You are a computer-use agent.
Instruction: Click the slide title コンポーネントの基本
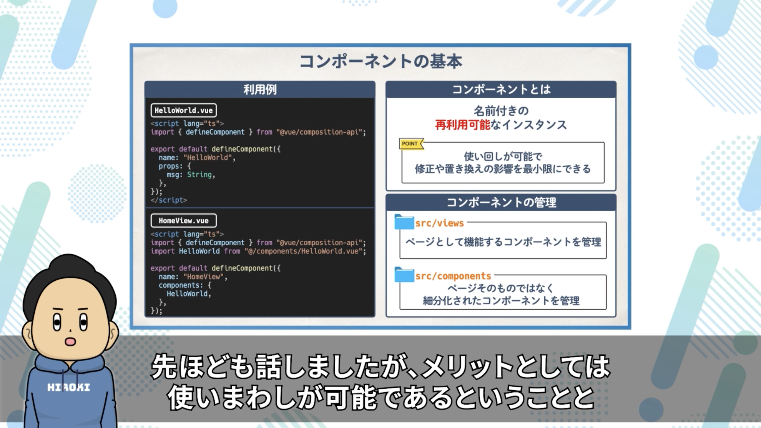pos(380,61)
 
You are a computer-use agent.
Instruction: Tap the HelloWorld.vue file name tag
pos(184,110)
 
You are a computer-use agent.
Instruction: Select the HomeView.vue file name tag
pos(184,221)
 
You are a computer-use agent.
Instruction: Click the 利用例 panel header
pos(260,90)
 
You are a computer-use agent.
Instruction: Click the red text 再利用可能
pos(463,125)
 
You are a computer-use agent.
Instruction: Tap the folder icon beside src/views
pos(404,222)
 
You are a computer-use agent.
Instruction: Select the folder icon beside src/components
pos(404,275)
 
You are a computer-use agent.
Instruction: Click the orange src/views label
pos(440,223)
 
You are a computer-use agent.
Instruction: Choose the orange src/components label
pos(453,276)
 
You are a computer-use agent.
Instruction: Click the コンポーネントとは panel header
pos(501,90)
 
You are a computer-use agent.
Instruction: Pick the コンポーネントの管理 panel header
pos(501,202)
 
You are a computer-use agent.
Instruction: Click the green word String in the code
pos(199,175)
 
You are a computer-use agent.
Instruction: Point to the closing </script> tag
pos(169,200)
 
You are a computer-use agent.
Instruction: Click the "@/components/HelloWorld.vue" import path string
pos(304,251)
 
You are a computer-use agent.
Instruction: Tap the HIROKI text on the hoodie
pos(69,387)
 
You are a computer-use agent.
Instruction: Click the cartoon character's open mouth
pos(70,341)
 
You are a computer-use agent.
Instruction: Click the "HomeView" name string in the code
pos(204,276)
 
